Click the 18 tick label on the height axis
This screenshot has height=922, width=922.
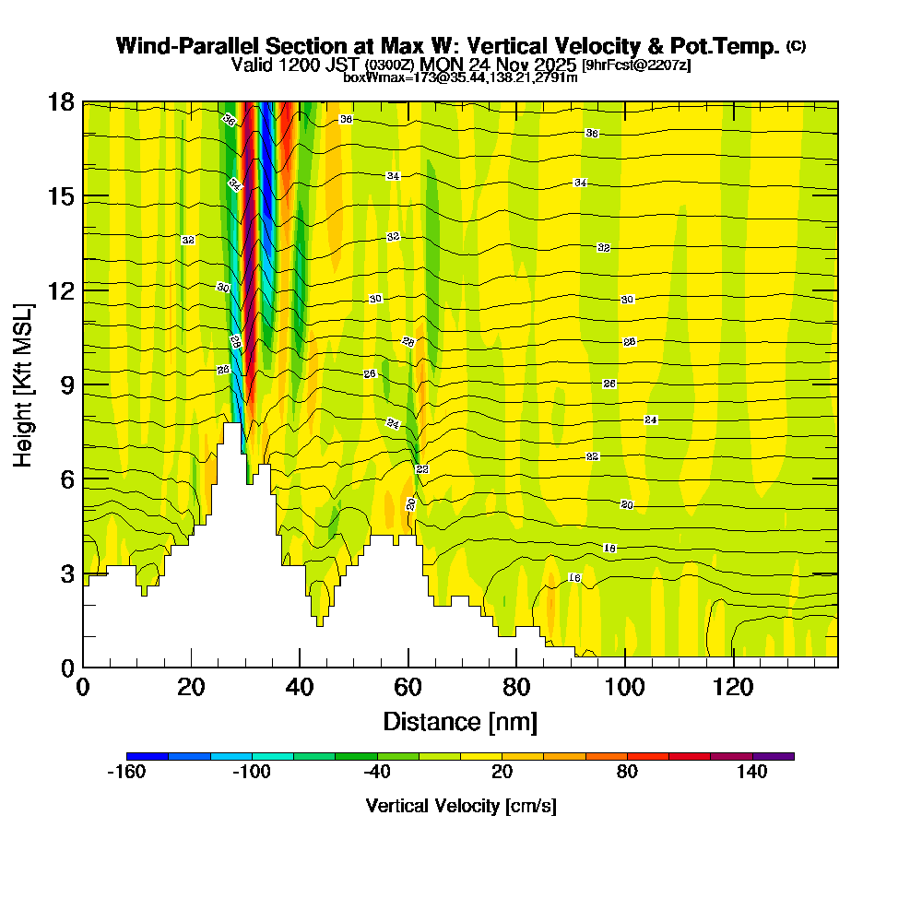[x=60, y=101]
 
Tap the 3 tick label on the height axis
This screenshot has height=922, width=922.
[x=66, y=573]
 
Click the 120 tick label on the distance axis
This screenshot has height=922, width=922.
[x=733, y=687]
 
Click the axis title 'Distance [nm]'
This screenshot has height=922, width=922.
[x=460, y=721]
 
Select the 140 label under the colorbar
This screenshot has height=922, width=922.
[x=752, y=773]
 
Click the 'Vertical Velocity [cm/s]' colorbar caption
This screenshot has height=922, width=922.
[x=460, y=806]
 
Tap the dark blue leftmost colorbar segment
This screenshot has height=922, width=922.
[x=148, y=756]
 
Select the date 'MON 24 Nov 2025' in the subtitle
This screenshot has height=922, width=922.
[x=497, y=65]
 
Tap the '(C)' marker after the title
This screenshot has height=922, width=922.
[x=796, y=46]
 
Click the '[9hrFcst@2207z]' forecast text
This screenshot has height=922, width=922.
[x=636, y=65]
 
